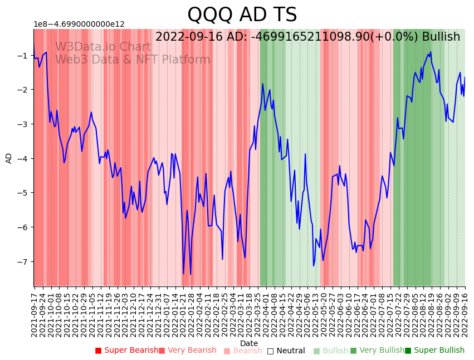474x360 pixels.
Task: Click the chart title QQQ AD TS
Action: (242, 15)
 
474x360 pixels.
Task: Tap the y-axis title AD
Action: (9, 158)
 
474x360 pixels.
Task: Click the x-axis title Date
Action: (249, 343)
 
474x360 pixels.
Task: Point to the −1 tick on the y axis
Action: (23, 55)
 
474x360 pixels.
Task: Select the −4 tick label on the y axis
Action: (23, 158)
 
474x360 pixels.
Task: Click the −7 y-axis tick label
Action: (23, 261)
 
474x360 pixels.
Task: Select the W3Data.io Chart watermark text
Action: (103, 47)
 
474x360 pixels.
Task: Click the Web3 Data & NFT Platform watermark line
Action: (133, 60)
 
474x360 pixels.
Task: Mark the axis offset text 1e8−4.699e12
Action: (79, 24)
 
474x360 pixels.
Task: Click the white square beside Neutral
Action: (271, 351)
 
